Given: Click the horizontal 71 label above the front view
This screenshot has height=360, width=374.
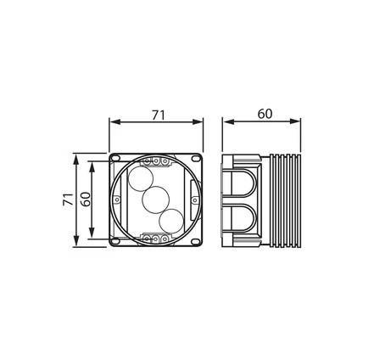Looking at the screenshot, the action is pyautogui.click(x=159, y=115).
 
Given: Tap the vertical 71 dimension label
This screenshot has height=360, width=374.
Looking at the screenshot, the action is pyautogui.click(x=68, y=200).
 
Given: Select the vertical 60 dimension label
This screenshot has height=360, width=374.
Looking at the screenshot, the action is pyautogui.click(x=85, y=199).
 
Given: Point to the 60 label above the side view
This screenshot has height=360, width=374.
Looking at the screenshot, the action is pyautogui.click(x=265, y=114).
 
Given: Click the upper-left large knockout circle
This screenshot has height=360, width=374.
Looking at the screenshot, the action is pyautogui.click(x=141, y=179).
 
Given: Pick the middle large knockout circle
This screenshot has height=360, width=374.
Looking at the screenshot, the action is pyautogui.click(x=155, y=200).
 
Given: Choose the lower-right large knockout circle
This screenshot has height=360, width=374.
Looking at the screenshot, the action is pyautogui.click(x=171, y=222).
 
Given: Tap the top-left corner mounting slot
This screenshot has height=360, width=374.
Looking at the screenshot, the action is pyautogui.click(x=115, y=160).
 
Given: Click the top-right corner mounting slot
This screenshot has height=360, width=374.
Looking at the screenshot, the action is pyautogui.click(x=195, y=159).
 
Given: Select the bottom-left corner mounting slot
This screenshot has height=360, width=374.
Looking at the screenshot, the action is pyautogui.click(x=115, y=241).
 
